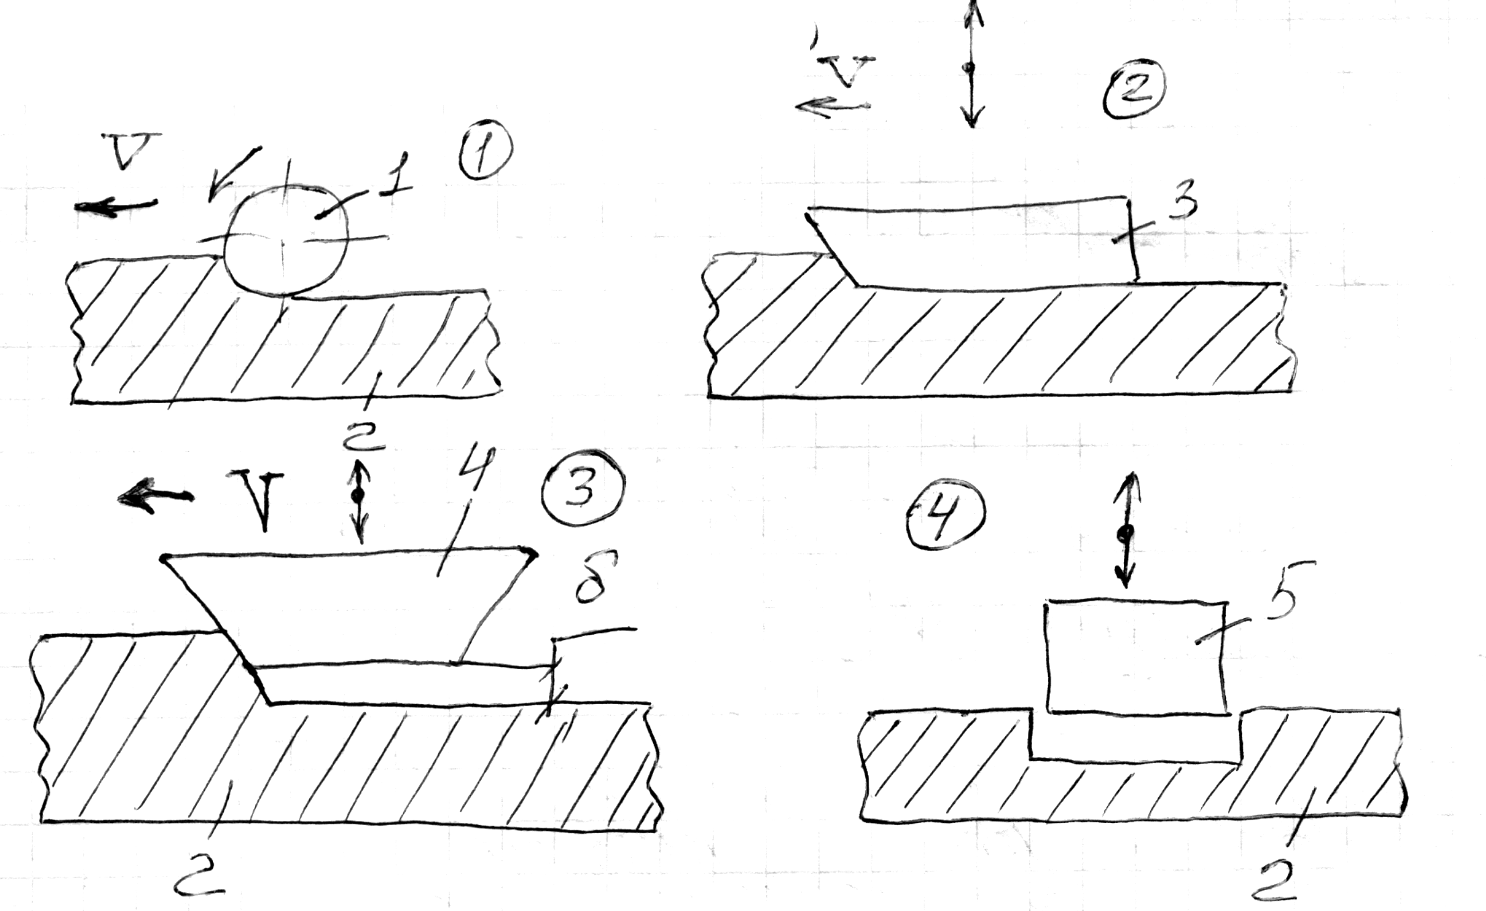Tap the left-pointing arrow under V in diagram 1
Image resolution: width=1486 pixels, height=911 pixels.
[116, 205]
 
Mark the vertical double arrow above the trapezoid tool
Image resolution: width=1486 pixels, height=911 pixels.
[359, 501]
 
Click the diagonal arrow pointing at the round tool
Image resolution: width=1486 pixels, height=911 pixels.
[232, 173]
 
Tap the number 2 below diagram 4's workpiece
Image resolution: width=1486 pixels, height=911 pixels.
[1274, 879]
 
